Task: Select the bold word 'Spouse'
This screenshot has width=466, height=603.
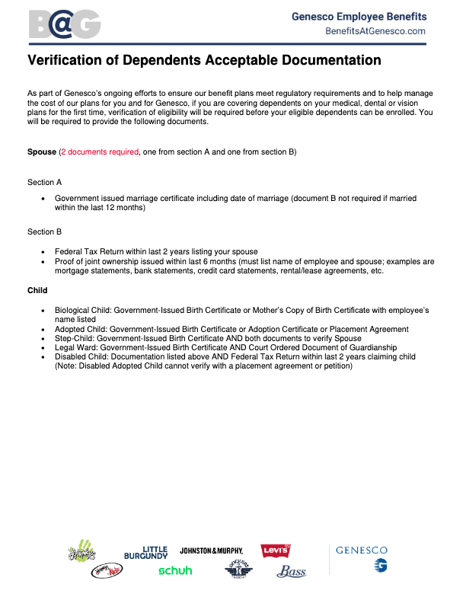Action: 42,152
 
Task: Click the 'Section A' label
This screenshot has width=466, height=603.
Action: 44,183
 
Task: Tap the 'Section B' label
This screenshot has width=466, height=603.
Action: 44,231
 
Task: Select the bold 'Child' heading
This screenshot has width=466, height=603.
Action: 37,290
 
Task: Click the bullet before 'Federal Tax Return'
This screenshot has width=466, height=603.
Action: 44,251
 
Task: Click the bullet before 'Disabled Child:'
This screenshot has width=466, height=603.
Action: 44,356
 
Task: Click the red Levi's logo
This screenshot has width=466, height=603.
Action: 275,551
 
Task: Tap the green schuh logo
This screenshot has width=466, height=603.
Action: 175,570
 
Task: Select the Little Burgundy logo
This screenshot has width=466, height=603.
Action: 146,552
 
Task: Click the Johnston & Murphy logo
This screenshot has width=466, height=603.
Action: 211,550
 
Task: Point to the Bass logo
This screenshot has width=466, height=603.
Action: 291,571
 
